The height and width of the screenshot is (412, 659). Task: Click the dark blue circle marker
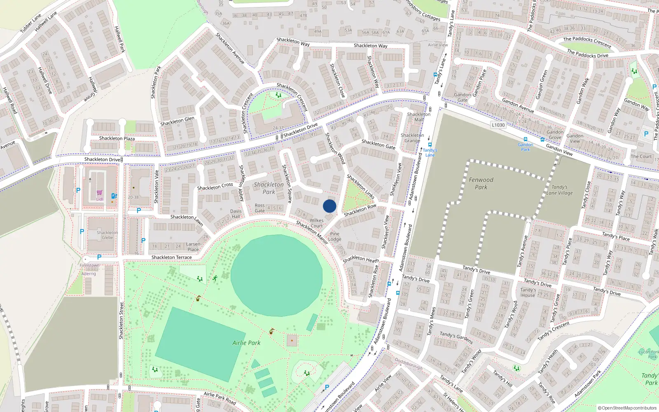pyautogui.click(x=329, y=206)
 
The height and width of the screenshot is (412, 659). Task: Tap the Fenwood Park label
pyautogui.click(x=481, y=183)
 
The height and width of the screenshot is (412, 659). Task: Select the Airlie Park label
pyautogui.click(x=246, y=343)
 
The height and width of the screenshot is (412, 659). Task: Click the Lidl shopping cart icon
pyautogui.click(x=100, y=193)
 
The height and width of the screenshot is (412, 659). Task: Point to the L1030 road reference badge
pyautogui.click(x=498, y=125)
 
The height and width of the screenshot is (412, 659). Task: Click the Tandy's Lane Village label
pyautogui.click(x=559, y=190)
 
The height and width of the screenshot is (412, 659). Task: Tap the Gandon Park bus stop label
pyautogui.click(x=525, y=147)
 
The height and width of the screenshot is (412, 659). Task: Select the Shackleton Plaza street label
pyautogui.click(x=117, y=138)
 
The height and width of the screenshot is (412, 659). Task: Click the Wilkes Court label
pyautogui.click(x=316, y=223)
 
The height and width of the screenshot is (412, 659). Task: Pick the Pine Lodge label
pyautogui.click(x=334, y=236)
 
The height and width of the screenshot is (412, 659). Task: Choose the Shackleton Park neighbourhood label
pyautogui.click(x=269, y=188)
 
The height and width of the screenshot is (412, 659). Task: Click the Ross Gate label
pyautogui.click(x=259, y=208)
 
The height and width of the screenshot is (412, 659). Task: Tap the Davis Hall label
pyautogui.click(x=236, y=214)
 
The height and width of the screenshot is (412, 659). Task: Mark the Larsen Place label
pyautogui.click(x=193, y=247)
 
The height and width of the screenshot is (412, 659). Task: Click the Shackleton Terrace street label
pyautogui.click(x=171, y=257)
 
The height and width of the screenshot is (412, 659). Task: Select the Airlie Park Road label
pyautogui.click(x=220, y=398)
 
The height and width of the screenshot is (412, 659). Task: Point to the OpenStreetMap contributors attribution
pyautogui.click(x=627, y=408)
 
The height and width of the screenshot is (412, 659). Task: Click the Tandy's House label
pyautogui.click(x=528, y=293)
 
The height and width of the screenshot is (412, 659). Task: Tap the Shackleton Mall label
pyautogui.click(x=418, y=117)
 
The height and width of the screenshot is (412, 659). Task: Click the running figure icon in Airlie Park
pyautogui.click(x=215, y=278)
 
